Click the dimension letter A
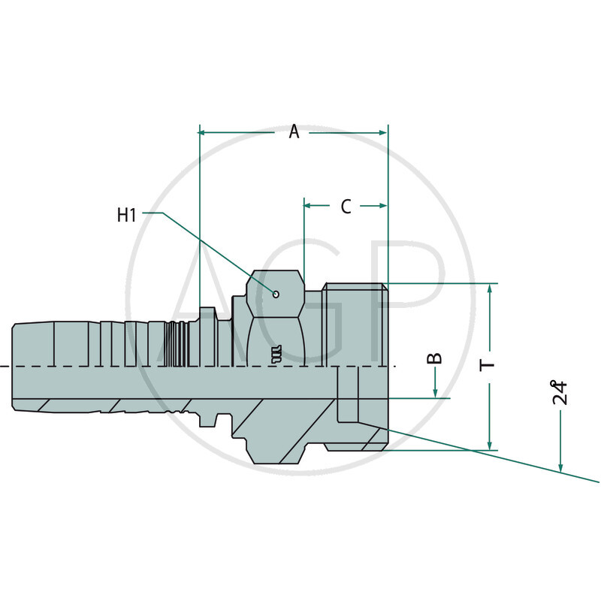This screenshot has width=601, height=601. (294, 132)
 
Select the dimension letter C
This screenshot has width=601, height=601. (346, 206)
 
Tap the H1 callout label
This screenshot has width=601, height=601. (127, 215)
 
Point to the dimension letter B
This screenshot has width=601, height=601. (435, 358)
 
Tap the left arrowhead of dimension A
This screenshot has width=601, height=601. (204, 133)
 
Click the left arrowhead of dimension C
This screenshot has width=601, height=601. (308, 204)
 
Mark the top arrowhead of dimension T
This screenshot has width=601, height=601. (490, 289)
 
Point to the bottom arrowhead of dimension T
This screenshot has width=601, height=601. (490, 445)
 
